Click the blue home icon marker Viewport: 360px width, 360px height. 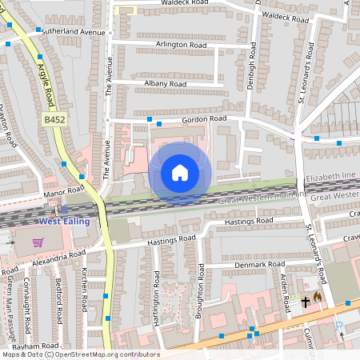(180, 172)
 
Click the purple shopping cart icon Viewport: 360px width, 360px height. (38, 242)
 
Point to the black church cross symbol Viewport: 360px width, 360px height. (305, 302)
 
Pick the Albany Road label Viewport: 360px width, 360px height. (165, 83)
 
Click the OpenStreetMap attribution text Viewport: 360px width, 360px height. (80, 354)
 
